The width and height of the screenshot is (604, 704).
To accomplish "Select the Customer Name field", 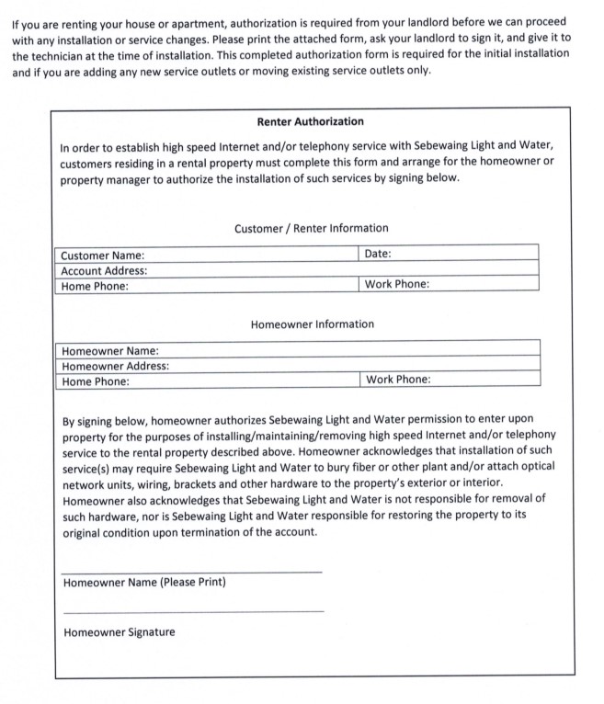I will coord(248,255).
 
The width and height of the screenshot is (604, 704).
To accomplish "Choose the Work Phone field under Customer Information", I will coord(483,285).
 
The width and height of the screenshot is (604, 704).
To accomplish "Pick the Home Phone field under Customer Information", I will coord(244,286).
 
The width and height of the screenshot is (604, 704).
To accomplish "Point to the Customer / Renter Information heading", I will coord(311,228).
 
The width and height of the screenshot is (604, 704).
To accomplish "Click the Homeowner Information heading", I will coord(312,324).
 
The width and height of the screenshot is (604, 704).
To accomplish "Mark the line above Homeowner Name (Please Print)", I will coord(192,572).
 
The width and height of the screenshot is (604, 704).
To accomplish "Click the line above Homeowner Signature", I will coord(192,611).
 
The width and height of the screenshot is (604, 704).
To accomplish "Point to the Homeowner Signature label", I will coord(120,632).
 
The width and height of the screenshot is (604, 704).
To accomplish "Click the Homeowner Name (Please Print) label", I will coord(144,583).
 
